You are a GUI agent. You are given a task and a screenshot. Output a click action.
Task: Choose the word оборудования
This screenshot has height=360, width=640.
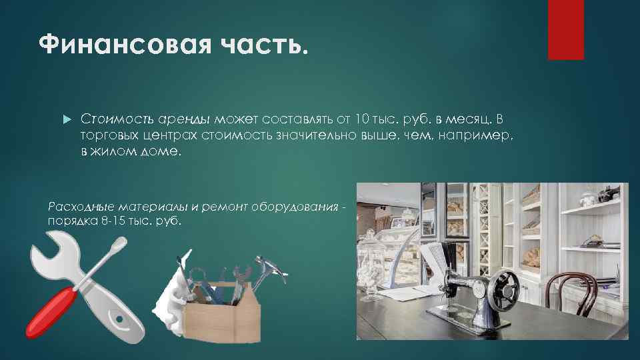[x=304, y=207]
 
